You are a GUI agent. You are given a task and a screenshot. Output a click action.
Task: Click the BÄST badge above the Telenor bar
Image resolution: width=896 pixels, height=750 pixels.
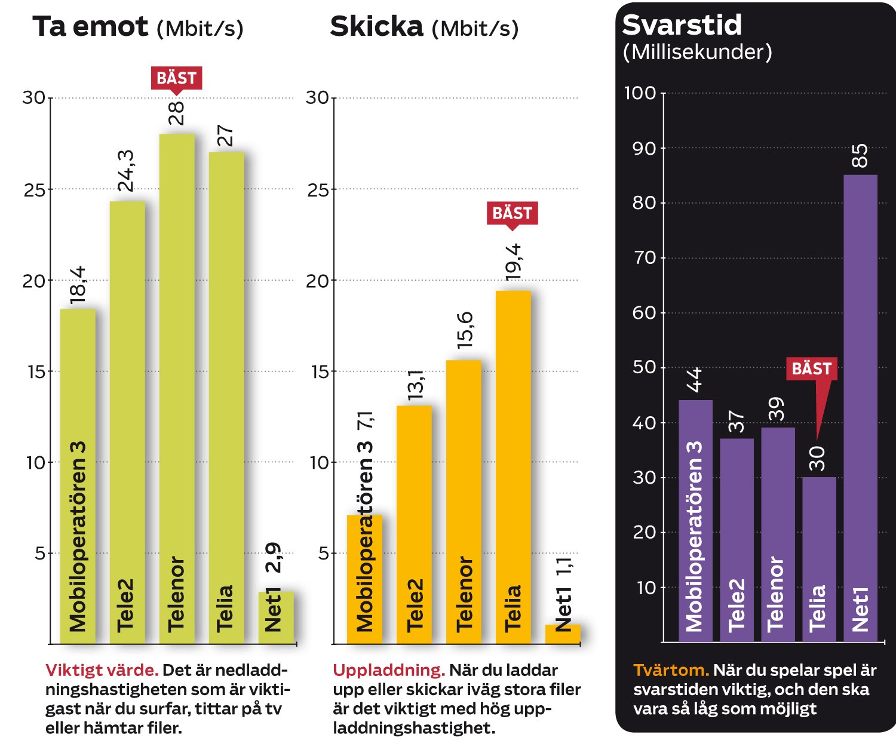coord(176,80)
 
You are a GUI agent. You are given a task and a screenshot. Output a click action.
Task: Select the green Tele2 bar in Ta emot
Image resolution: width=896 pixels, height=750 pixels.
coord(127,422)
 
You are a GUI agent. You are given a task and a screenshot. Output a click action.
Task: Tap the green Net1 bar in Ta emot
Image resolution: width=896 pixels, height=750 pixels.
coord(277,617)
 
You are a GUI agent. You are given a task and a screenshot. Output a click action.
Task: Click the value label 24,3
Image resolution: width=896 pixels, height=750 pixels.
coord(126,171)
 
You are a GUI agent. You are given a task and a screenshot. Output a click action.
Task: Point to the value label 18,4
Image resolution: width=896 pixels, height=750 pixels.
coord(78,285)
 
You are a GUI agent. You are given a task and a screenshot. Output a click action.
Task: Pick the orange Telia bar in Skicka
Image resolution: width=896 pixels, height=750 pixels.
coord(513,467)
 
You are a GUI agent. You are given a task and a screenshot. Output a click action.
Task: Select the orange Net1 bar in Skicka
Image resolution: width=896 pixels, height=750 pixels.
coord(563,634)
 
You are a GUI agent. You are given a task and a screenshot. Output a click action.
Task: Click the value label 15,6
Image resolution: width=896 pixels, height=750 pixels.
coord(465,330)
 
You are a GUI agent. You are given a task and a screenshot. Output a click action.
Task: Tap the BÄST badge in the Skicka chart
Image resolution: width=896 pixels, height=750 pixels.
coord(513,216)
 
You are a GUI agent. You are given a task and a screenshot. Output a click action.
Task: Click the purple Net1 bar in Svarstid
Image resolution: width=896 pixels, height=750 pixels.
coord(860,408)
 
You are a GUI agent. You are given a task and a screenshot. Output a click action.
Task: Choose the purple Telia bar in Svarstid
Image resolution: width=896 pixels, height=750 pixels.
coord(819,560)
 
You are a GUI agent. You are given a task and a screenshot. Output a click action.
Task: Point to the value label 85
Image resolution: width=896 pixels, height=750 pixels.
coord(860,156)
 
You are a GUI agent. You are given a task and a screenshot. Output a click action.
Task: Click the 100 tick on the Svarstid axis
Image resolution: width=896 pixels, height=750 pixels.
coord(640,93)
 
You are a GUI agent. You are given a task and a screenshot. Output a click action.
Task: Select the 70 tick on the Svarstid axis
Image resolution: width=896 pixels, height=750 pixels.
coord(644,258)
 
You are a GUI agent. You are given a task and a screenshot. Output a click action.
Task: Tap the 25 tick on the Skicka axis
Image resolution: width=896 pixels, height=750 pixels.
coord(318,190)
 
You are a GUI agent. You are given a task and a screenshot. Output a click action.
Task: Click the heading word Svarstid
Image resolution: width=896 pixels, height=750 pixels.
coord(682,25)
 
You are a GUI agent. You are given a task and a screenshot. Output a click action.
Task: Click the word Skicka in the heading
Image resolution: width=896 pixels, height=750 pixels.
coord(377,26)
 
